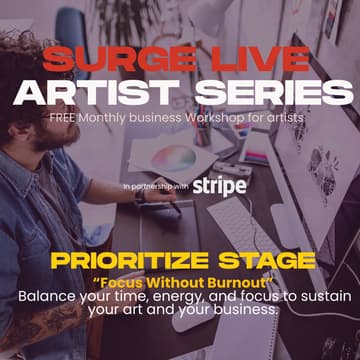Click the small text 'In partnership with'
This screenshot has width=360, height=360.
pos(155,186)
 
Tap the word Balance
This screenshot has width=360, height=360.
pos(47,296)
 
